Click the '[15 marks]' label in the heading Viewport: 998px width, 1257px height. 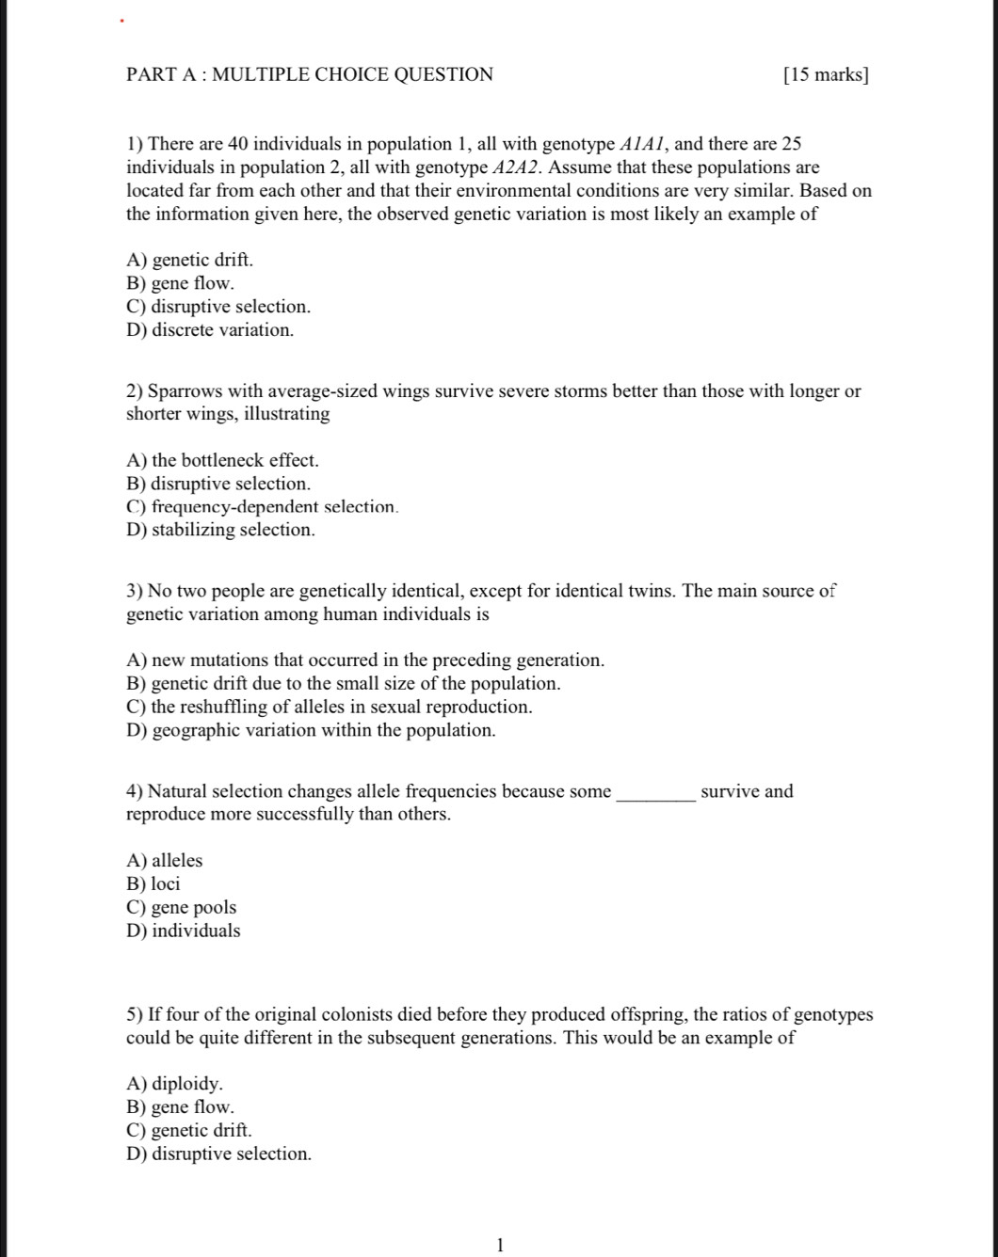click(x=826, y=75)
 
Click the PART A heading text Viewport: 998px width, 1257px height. click(x=309, y=75)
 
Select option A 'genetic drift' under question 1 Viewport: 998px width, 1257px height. click(x=189, y=260)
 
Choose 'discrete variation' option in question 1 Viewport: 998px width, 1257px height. click(x=210, y=330)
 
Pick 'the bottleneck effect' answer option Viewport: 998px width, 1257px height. click(x=222, y=460)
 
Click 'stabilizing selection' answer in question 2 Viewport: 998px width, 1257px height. click(x=220, y=530)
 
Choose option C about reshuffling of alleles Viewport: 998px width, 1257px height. click(x=329, y=707)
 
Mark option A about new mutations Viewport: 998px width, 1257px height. click(x=364, y=660)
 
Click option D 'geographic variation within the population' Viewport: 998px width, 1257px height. click(x=310, y=730)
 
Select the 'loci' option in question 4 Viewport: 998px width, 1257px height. click(x=153, y=884)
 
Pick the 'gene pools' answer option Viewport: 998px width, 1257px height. click(x=181, y=908)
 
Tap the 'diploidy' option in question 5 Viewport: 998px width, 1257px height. click(x=174, y=1084)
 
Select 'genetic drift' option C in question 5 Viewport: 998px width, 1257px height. click(x=188, y=1130)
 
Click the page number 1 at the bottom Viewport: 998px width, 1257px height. click(x=500, y=1246)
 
